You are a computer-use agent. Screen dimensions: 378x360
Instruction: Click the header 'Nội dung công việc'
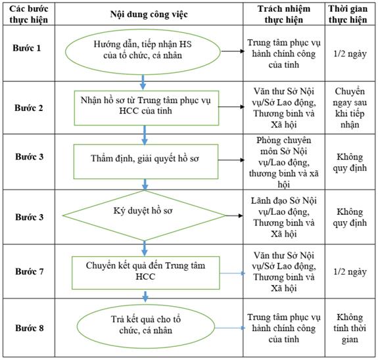149,14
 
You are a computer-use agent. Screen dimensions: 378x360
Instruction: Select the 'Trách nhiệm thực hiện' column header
284,14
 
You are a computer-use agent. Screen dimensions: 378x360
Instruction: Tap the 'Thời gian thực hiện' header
348,14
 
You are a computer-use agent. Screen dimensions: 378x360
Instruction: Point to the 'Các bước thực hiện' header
29,14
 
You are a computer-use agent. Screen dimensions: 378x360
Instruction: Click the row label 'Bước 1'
27,48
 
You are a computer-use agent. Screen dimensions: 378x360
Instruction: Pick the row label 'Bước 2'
29,108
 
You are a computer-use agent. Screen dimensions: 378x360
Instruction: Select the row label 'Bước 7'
30,271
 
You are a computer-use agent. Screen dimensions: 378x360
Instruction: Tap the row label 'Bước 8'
30,328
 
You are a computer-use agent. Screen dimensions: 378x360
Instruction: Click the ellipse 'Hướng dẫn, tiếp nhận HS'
143,51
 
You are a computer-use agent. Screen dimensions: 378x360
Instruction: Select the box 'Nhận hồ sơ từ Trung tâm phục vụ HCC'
147,108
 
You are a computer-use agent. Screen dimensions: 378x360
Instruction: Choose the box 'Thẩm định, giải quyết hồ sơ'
145,162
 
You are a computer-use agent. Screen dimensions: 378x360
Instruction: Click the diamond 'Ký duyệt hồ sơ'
144,215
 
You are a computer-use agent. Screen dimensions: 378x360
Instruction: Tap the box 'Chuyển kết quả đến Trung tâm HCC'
145,273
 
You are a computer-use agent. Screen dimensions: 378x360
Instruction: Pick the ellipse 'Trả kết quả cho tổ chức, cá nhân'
145,326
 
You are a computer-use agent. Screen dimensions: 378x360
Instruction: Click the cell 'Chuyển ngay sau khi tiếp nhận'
350,108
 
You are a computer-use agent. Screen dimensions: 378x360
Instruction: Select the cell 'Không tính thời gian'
350,328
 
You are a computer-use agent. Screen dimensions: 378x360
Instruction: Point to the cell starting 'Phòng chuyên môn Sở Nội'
284,162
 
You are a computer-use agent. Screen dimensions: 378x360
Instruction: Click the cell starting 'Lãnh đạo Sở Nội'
284,217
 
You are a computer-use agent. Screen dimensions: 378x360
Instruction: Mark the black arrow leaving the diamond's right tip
234,215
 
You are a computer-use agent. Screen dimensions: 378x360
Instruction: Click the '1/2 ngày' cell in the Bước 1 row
350,53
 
